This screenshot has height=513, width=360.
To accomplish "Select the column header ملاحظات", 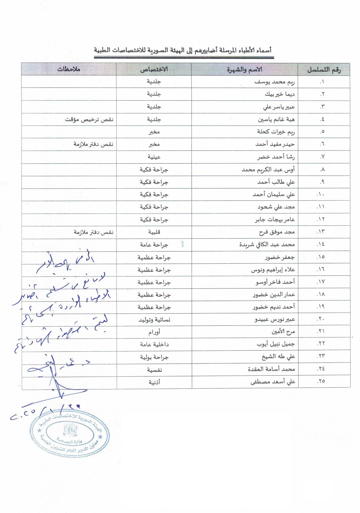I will click(x=69, y=69).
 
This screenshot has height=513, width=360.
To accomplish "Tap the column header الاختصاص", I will click(x=154, y=69).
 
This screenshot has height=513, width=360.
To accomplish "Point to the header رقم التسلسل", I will click(x=324, y=70).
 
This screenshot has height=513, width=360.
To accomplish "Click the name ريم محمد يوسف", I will click(x=275, y=82).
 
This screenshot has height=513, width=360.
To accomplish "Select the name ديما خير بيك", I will click(x=280, y=94).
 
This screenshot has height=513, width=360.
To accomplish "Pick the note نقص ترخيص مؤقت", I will click(x=89, y=119).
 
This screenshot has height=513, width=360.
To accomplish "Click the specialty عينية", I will click(x=154, y=157).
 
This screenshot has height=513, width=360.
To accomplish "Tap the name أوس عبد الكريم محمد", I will click(x=268, y=170).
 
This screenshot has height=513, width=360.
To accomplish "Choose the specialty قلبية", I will click(x=154, y=232).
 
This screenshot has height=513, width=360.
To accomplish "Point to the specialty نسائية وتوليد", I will click(x=154, y=320).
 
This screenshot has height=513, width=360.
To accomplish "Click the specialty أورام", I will click(x=154, y=332).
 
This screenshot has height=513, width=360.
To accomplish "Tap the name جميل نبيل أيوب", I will click(x=275, y=344).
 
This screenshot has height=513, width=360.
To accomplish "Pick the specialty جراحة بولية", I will click(x=154, y=357).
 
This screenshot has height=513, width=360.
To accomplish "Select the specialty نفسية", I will click(x=154, y=370).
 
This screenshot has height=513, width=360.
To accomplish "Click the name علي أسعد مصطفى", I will click(x=272, y=382).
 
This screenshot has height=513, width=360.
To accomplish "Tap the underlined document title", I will click(x=183, y=50).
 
